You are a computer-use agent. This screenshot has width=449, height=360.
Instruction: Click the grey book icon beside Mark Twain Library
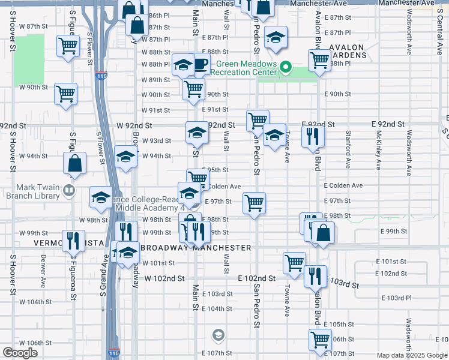point(69,191)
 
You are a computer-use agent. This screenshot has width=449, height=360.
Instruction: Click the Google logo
point(20,353)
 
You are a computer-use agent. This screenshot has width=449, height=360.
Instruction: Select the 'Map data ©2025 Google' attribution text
point(412,355)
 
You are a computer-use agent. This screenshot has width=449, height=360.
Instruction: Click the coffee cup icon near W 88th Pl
point(202,65)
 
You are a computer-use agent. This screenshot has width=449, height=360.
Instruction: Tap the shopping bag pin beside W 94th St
point(75,163)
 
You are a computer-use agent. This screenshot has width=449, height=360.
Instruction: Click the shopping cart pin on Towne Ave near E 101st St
point(294,262)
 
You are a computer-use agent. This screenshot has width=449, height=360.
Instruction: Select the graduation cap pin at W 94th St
point(125,157)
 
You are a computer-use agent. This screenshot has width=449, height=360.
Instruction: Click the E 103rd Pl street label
point(399,298)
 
